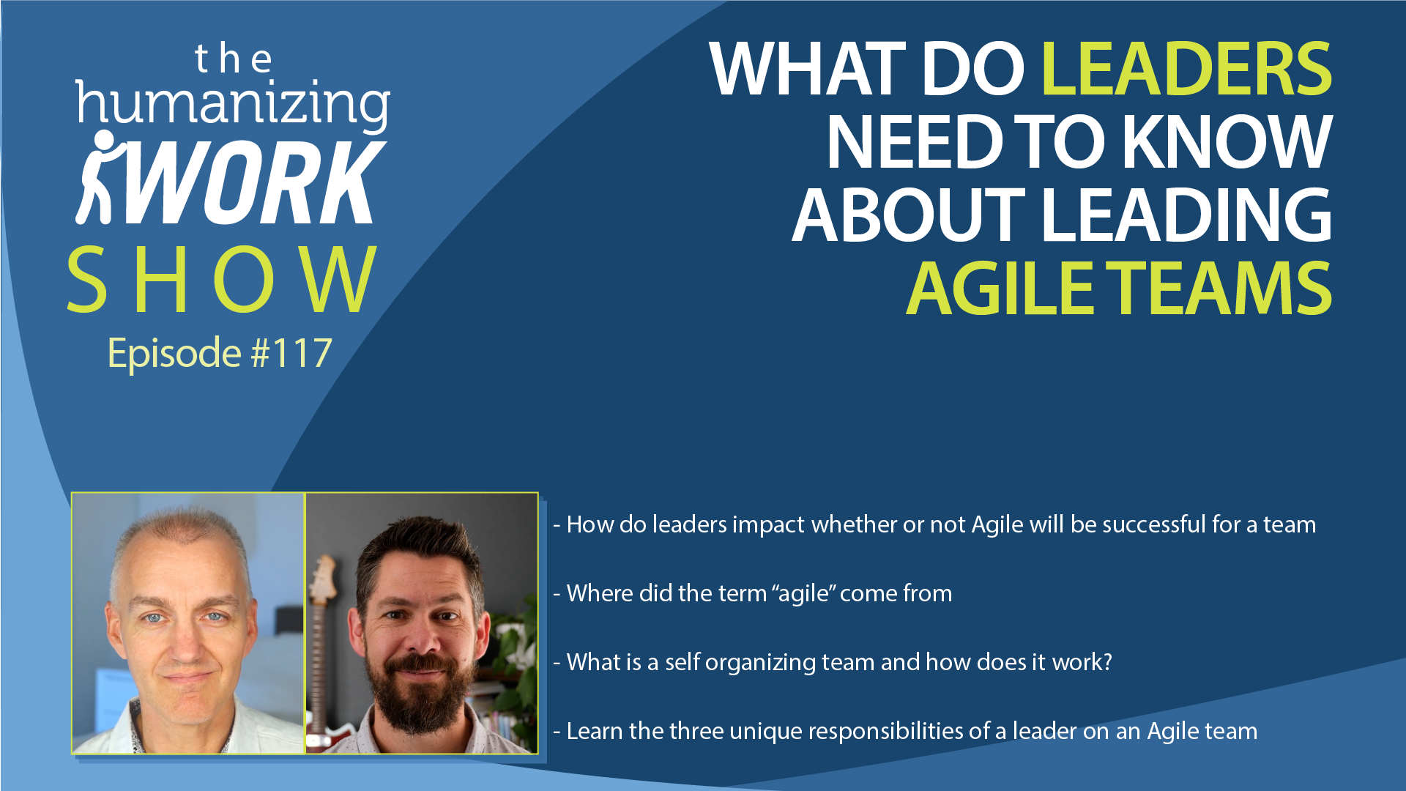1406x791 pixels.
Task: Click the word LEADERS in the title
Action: [1186, 69]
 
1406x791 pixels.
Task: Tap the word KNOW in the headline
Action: [1227, 142]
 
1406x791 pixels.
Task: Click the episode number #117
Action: [291, 353]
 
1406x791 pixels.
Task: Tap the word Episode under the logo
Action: [174, 354]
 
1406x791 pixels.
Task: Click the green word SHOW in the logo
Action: [222, 279]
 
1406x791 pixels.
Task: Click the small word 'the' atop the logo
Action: [234, 59]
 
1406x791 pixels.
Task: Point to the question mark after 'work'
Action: [1106, 662]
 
